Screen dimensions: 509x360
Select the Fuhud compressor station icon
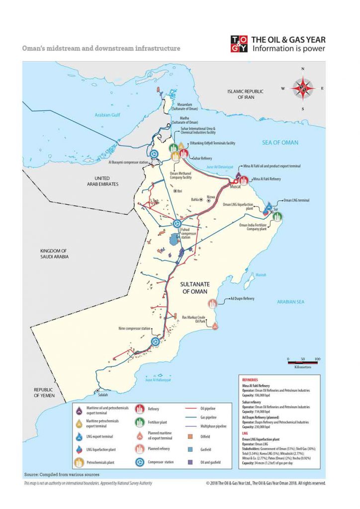[x=176, y=225]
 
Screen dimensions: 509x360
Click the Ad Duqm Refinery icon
[x=213, y=304]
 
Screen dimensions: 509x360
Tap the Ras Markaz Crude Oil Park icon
[x=215, y=326]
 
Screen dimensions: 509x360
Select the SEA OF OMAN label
[x=280, y=143]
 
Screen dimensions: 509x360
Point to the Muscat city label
[x=235, y=189]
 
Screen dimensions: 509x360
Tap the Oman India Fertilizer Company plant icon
[x=278, y=217]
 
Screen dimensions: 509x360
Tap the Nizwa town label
[x=211, y=197]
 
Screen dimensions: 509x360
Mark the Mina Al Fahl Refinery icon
[x=244, y=180]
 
